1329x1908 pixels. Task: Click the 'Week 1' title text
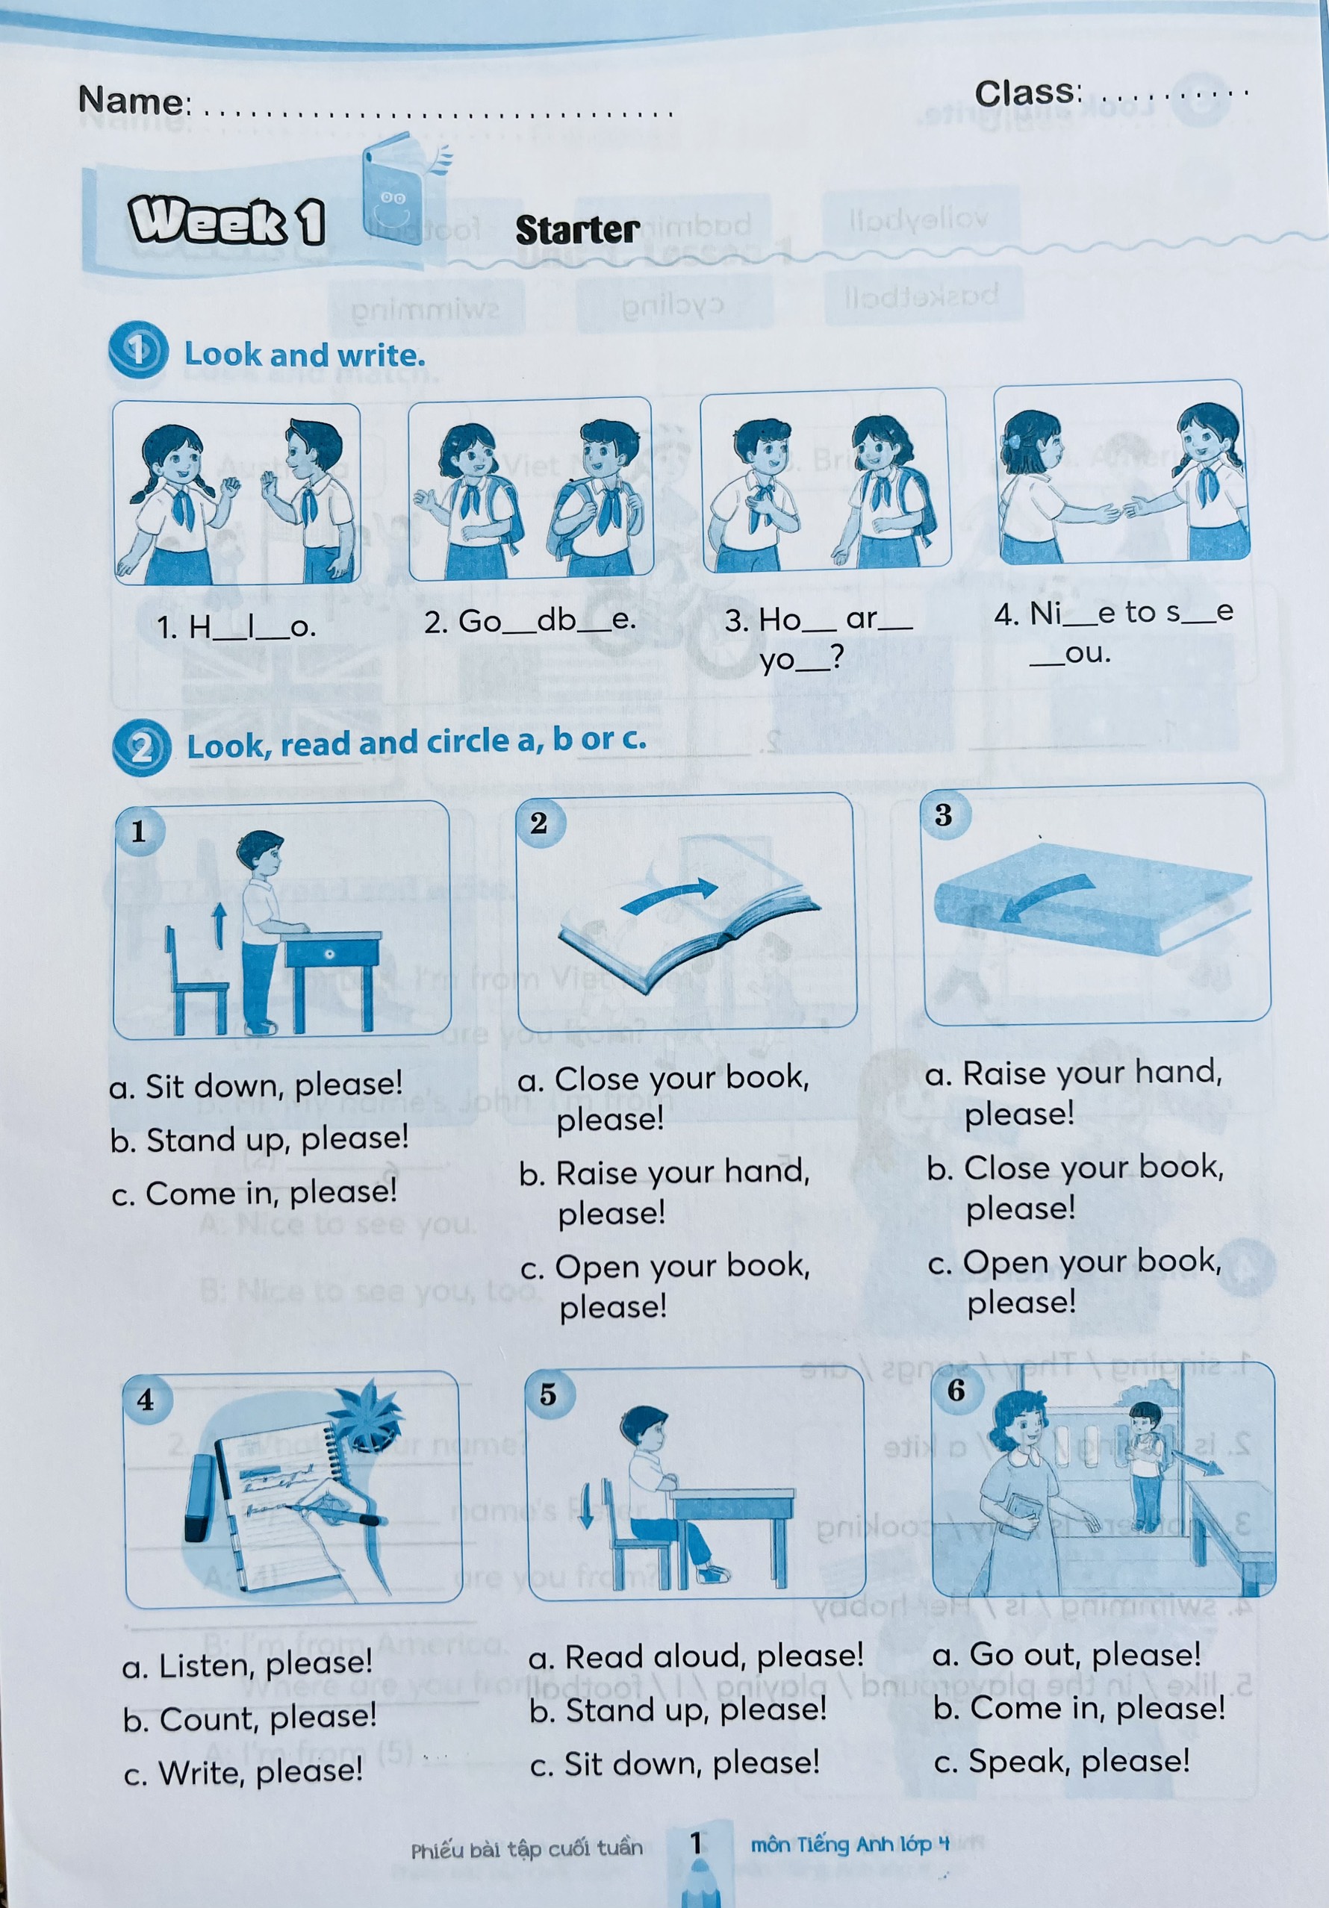(226, 221)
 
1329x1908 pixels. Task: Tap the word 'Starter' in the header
(577, 230)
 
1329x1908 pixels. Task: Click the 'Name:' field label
(134, 101)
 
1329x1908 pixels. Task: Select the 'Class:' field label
(1029, 93)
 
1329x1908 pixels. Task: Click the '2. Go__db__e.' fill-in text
(529, 620)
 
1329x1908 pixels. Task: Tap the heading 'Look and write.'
(304, 355)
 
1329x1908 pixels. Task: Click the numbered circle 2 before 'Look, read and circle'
(141, 747)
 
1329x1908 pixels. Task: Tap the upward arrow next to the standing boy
(219, 926)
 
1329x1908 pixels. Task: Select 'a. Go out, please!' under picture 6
(1066, 1654)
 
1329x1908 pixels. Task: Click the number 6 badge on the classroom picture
(956, 1390)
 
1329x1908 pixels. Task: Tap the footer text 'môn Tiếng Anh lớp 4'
(850, 1845)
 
